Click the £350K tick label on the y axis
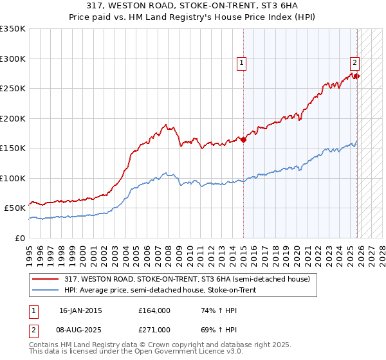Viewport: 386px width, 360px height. [x=12, y=29]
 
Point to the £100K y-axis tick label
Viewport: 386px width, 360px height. [x=12, y=178]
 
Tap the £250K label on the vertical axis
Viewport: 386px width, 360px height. [x=12, y=89]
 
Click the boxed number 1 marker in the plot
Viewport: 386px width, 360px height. [x=241, y=63]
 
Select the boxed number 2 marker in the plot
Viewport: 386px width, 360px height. [x=354, y=63]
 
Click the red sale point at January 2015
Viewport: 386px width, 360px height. [x=244, y=140]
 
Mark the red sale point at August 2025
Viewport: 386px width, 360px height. [x=357, y=76]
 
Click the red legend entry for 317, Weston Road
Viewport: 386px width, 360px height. [x=187, y=279]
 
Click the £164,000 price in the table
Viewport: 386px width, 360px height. [x=154, y=310]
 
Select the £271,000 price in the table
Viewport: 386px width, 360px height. [x=154, y=330]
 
